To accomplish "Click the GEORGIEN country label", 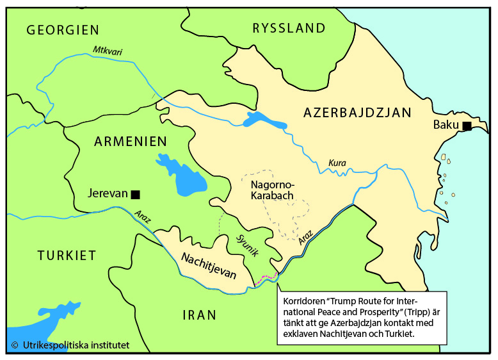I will [63, 30].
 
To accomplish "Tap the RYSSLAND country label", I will [289, 28].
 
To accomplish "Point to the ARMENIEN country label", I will [131, 142].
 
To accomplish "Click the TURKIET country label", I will [67, 256].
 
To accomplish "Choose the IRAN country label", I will [199, 315].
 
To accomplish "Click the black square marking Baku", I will [467, 126].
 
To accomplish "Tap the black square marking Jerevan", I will [135, 193].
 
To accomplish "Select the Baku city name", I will [446, 125].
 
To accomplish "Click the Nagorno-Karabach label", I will [271, 190].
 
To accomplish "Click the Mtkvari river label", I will [107, 50].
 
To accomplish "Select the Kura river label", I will [337, 163].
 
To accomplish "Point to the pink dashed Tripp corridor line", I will [265, 279].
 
